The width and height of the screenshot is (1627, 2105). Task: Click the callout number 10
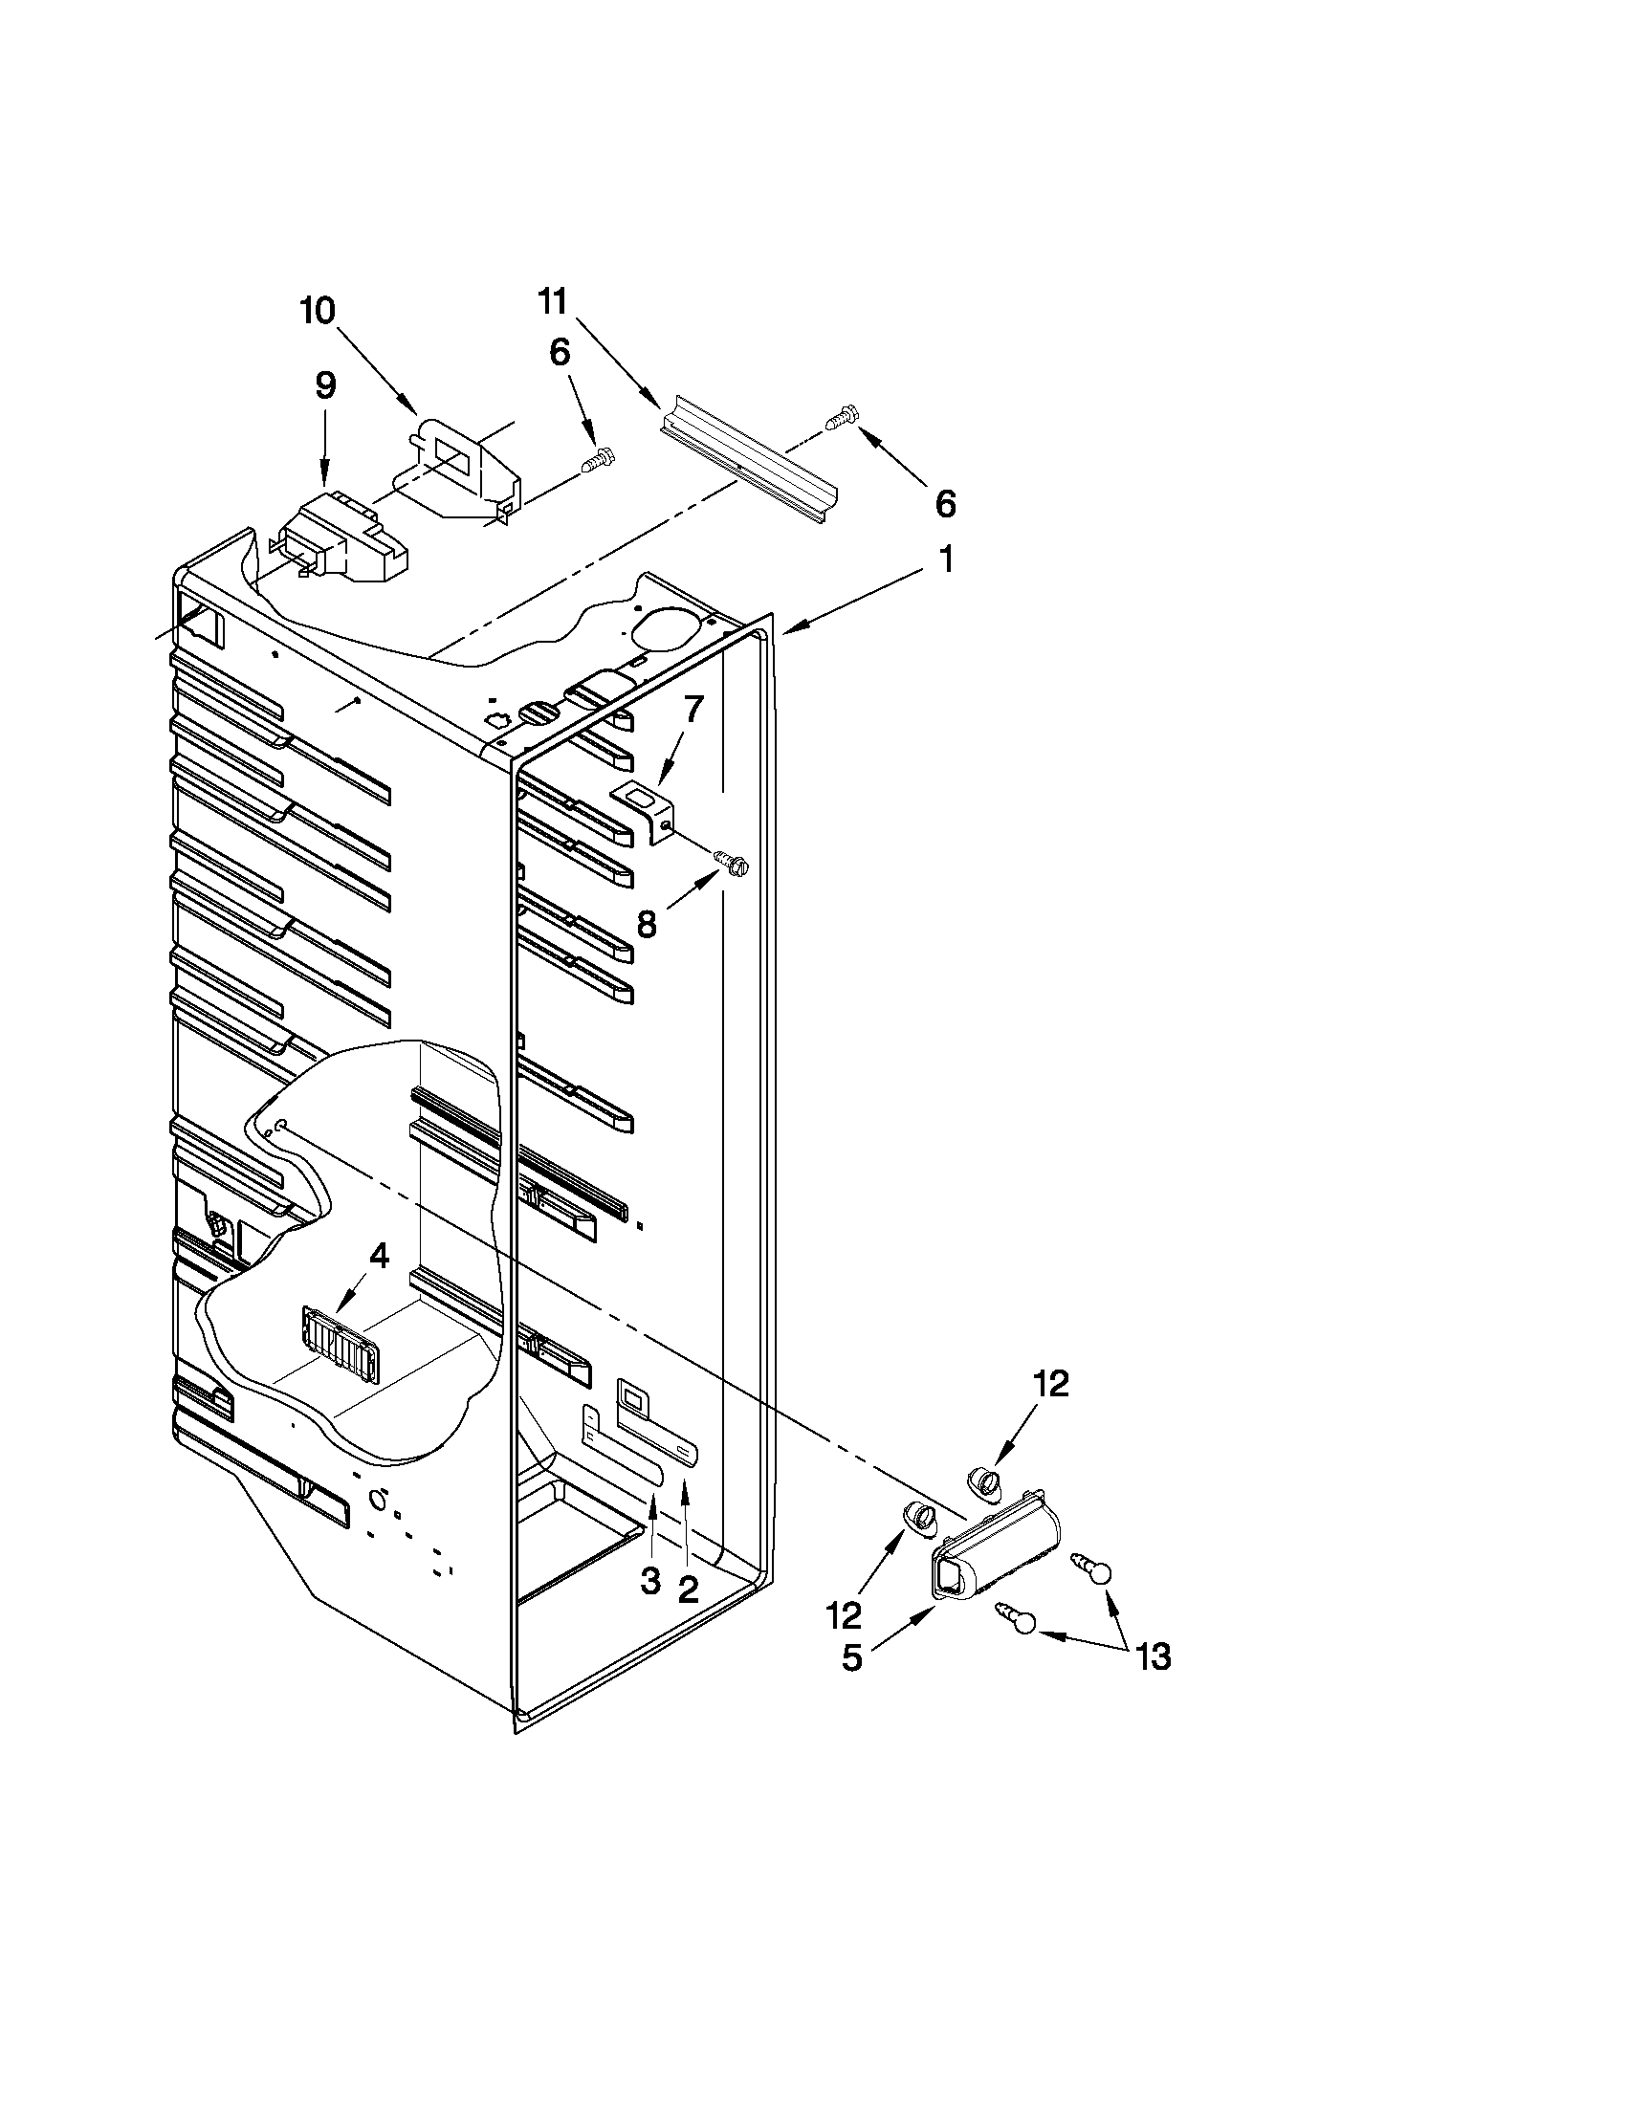coord(319,312)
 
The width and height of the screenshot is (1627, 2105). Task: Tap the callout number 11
coord(552,301)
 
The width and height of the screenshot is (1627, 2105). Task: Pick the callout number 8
coord(647,924)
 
